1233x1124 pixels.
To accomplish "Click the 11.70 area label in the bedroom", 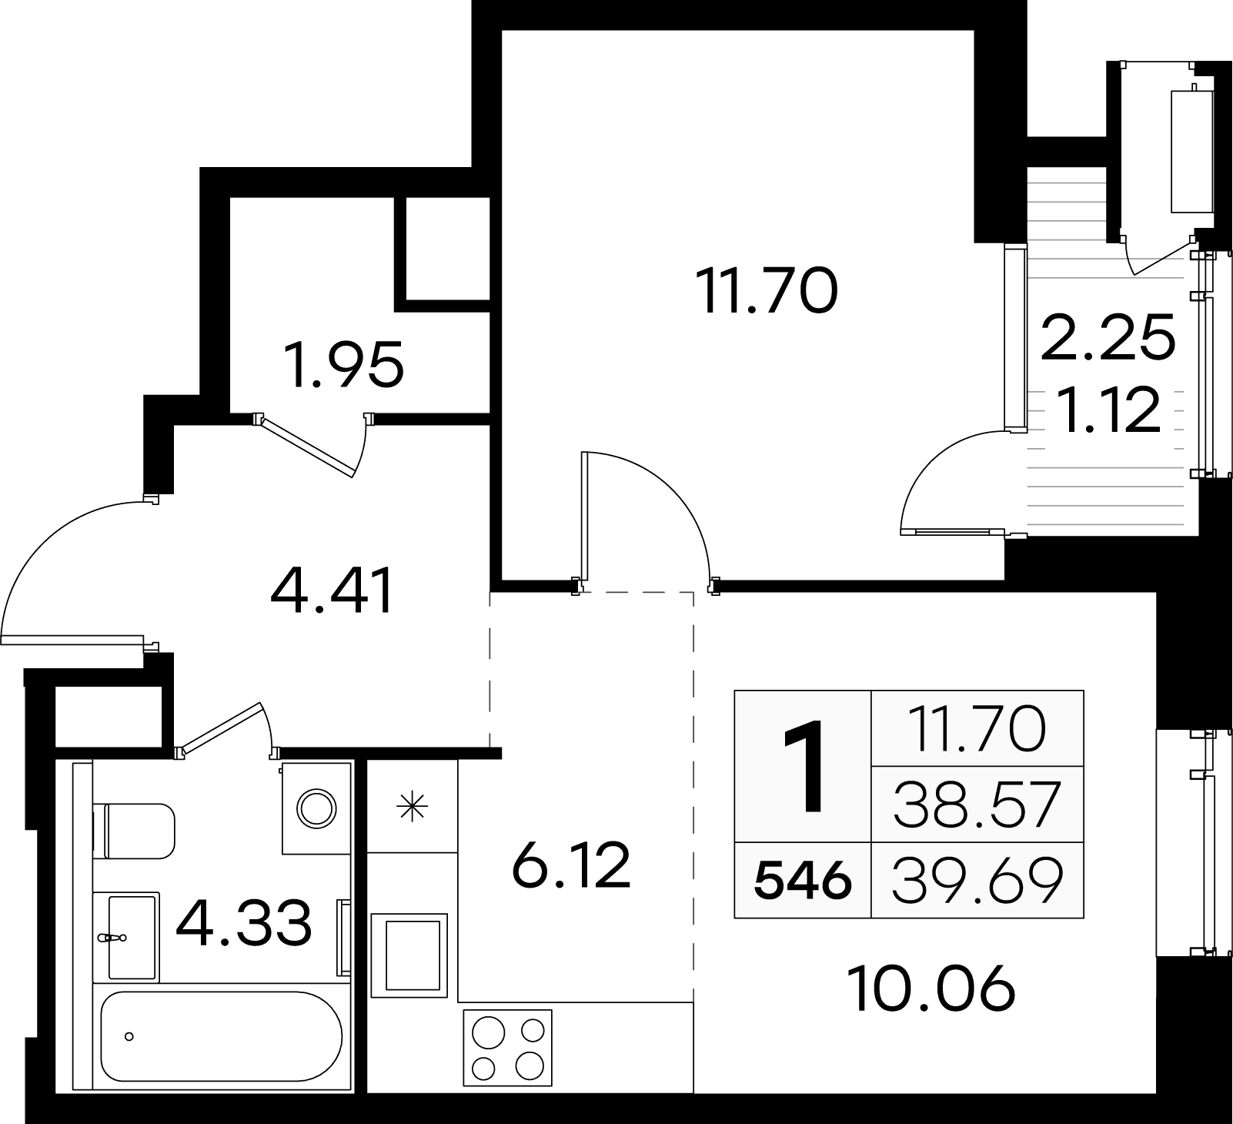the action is [766, 292].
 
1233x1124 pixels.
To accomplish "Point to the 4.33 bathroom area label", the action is [244, 924].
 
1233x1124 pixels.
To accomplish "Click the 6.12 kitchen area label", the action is [571, 865].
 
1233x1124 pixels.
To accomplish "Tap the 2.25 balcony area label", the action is [1108, 336].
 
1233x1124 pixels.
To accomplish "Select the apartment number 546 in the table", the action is [803, 880].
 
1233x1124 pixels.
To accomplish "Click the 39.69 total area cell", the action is [977, 881].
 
